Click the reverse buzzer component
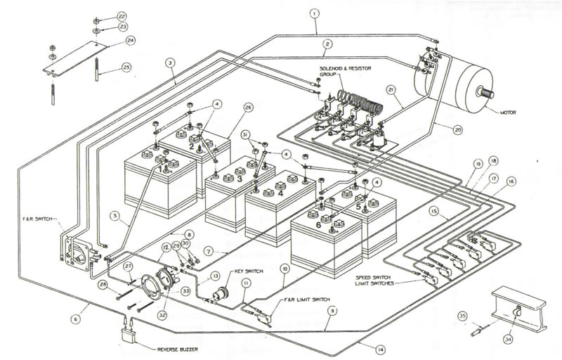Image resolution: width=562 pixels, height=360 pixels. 129,328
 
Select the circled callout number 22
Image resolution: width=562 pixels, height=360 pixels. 122,15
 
